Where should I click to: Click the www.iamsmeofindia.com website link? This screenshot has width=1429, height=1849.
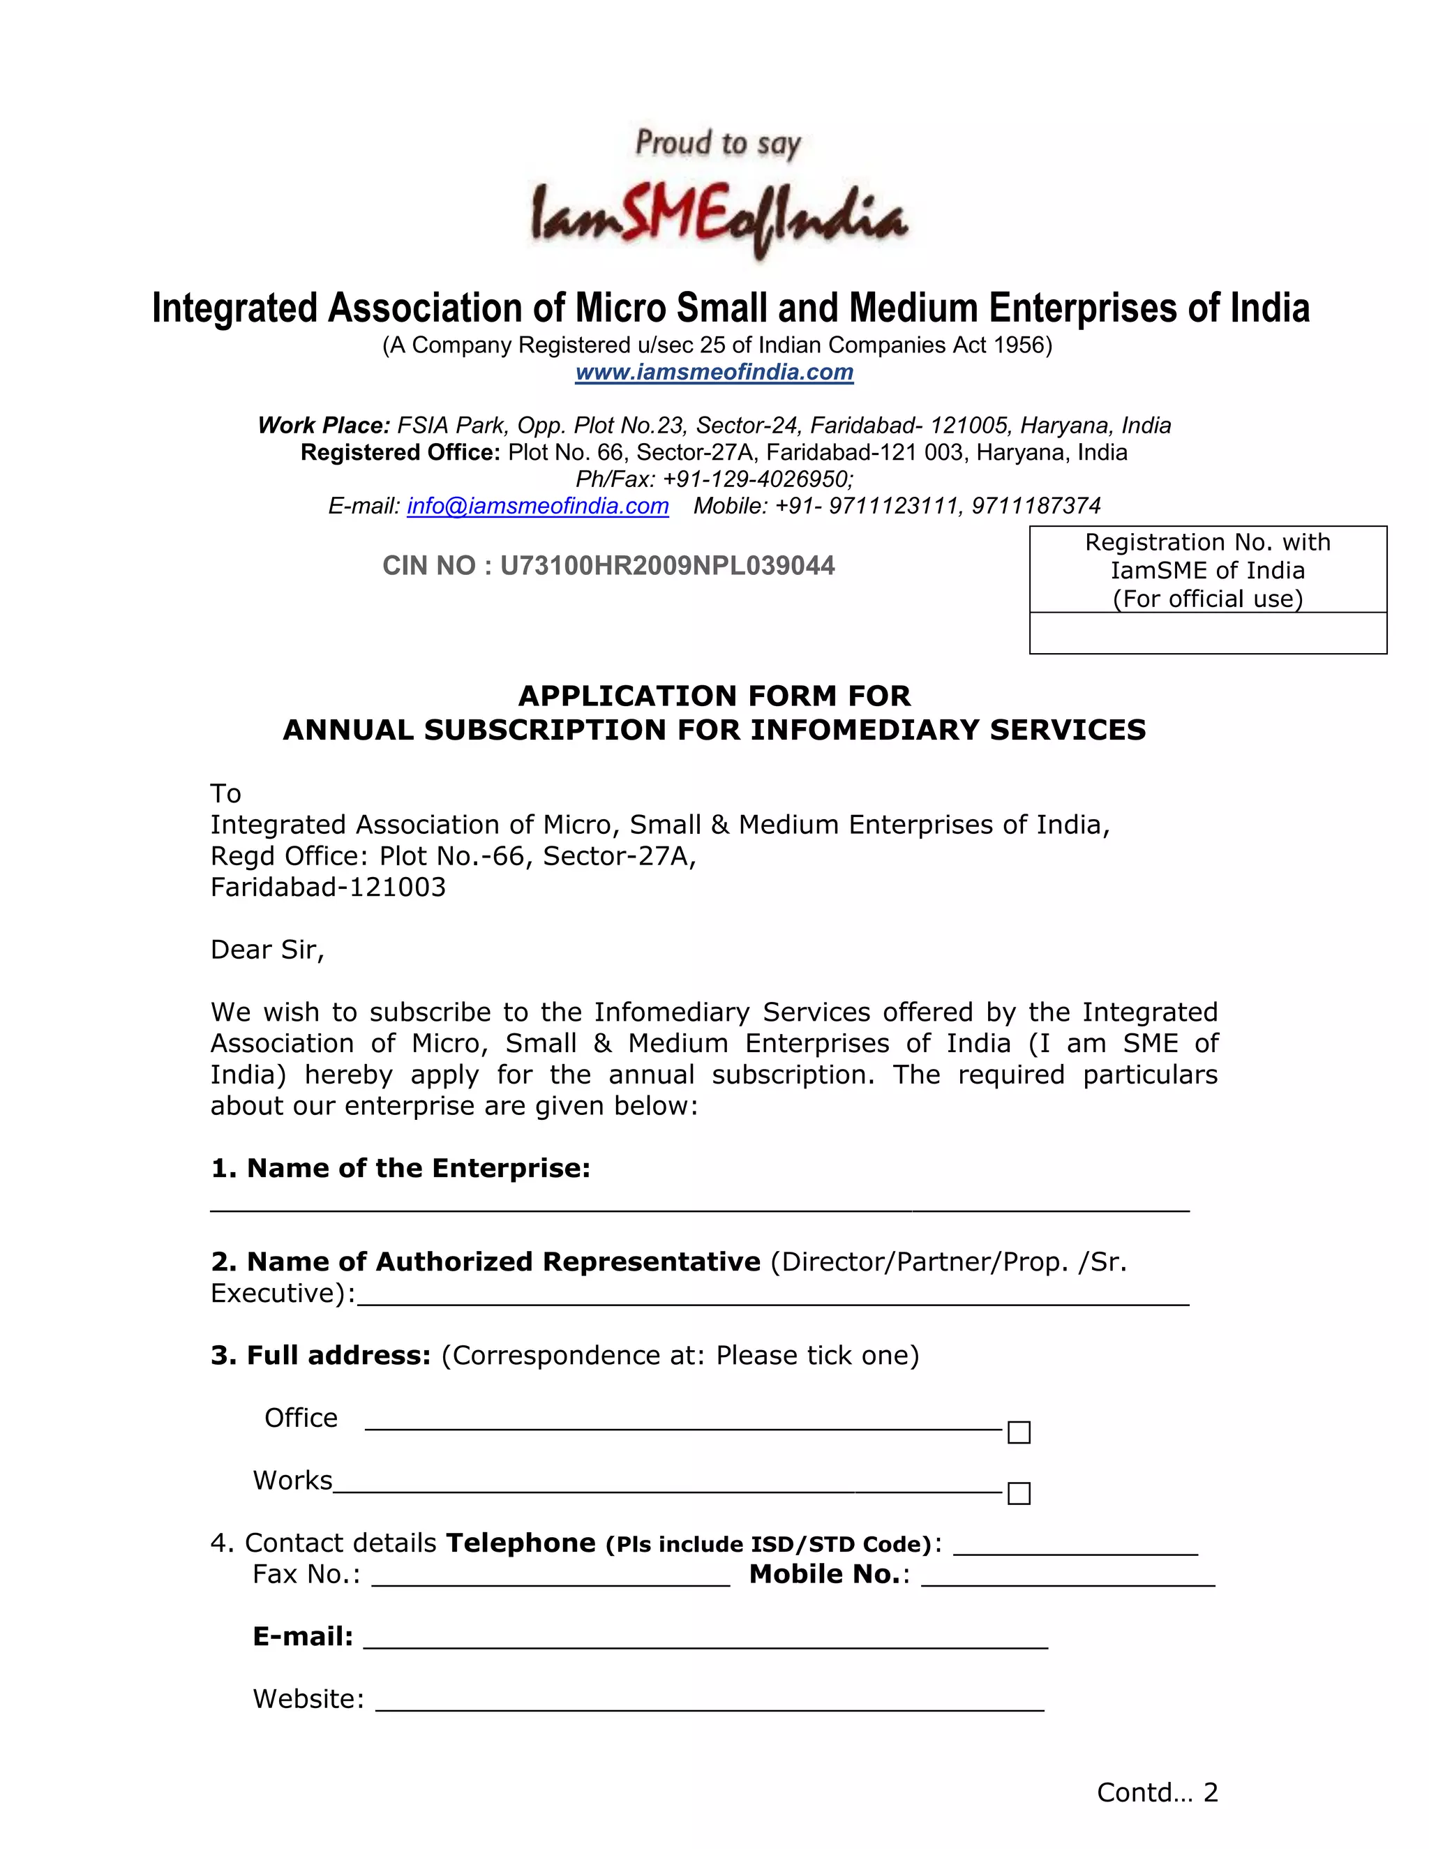click(714, 373)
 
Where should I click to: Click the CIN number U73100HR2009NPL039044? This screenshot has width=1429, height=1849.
click(667, 566)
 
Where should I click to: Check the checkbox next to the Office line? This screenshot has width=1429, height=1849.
click(1019, 1432)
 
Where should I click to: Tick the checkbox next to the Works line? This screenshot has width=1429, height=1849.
click(1019, 1493)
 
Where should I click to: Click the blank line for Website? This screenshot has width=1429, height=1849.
click(710, 1702)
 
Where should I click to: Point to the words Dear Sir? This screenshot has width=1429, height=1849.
click(267, 950)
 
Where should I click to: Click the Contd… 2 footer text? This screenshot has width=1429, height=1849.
click(1156, 1792)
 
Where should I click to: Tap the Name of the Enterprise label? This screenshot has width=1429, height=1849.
click(401, 1168)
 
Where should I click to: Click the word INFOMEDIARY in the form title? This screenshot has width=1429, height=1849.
click(865, 730)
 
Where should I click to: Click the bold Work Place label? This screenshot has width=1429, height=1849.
click(323, 425)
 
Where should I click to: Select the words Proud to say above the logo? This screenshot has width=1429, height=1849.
click(718, 144)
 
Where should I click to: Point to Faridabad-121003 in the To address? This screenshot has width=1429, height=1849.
click(328, 888)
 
